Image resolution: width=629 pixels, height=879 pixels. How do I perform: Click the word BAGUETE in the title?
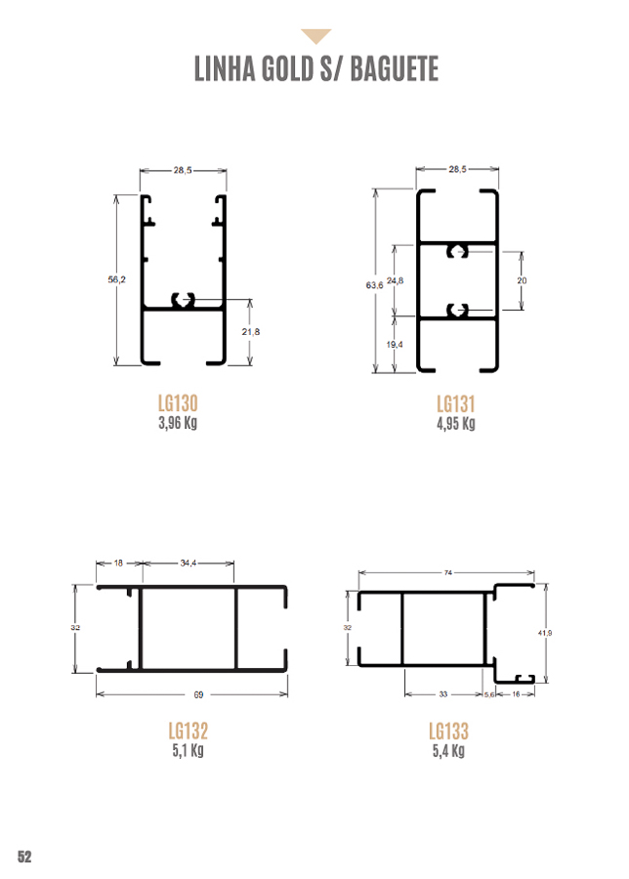click(395, 69)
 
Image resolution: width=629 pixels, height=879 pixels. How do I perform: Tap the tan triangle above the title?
click(316, 35)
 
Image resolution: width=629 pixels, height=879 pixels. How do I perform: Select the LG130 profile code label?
click(178, 403)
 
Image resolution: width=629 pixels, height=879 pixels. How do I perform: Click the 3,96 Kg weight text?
click(178, 422)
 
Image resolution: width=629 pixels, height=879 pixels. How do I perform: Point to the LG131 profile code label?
click(456, 403)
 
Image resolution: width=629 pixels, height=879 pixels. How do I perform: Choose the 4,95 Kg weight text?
click(456, 423)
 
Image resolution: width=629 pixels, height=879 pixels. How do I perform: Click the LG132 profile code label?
click(189, 731)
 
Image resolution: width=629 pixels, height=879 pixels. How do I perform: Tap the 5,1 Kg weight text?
click(188, 750)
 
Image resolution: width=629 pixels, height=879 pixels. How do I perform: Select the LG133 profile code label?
click(448, 731)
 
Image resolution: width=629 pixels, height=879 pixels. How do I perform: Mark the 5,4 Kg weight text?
click(448, 751)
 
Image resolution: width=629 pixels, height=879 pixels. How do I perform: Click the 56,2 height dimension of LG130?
click(116, 279)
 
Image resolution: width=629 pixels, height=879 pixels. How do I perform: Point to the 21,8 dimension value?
click(251, 332)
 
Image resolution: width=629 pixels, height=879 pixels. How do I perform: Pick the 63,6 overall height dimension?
click(374, 285)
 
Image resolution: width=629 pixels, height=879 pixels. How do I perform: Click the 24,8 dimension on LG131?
click(396, 280)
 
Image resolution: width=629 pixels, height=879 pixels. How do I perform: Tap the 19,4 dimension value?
click(395, 344)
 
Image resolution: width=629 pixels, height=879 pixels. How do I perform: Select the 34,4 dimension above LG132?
click(189, 563)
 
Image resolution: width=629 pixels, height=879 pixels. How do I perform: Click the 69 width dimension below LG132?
click(198, 694)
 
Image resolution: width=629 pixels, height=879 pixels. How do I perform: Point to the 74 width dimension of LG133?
click(448, 572)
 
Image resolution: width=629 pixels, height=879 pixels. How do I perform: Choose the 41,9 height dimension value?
click(545, 633)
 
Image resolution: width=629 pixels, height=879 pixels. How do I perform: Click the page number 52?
click(24, 857)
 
